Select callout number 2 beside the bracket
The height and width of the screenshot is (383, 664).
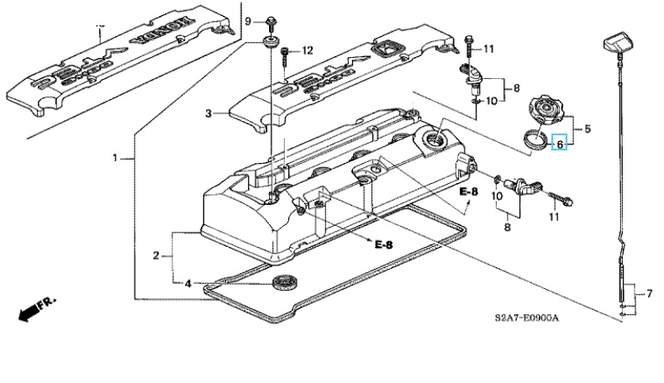pyautogui.click(x=156, y=255)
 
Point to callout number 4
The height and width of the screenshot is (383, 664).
pyautogui.click(x=187, y=283)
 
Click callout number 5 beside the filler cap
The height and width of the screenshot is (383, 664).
pyautogui.click(x=588, y=129)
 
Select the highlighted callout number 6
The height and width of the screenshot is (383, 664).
pyautogui.click(x=560, y=143)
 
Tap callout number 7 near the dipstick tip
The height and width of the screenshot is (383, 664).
pyautogui.click(x=648, y=294)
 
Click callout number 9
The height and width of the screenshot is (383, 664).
pyautogui.click(x=248, y=19)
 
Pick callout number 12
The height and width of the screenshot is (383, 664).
pyautogui.click(x=307, y=50)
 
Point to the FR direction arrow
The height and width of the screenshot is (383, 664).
pyautogui.click(x=29, y=312)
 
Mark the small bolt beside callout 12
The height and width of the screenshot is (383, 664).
pyautogui.click(x=286, y=55)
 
